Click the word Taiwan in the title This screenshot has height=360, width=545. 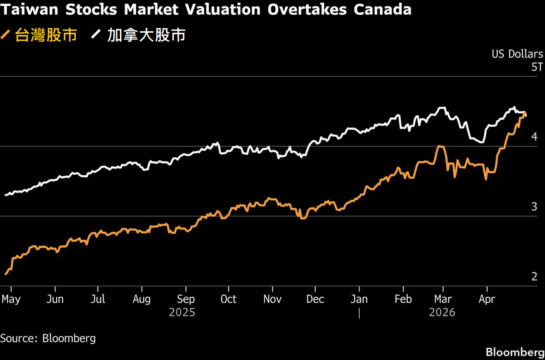[26, 10]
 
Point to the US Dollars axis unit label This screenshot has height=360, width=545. [517, 54]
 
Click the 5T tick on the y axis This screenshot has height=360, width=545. [537, 67]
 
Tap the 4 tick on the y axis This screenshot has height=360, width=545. [534, 137]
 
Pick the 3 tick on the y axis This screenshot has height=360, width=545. [534, 207]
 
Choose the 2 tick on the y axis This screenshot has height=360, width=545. [534, 276]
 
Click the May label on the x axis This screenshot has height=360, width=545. [11, 300]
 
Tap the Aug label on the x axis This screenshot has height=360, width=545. [142, 300]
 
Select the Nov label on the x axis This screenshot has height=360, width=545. [272, 300]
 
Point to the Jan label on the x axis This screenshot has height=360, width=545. [359, 300]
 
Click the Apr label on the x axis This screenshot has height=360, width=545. [487, 300]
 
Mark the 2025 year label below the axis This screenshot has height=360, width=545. [182, 313]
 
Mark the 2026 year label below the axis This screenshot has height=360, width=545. [442, 313]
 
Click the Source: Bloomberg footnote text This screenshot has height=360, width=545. [48, 338]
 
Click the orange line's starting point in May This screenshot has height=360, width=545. [5, 274]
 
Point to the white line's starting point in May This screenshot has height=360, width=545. [5, 195]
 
